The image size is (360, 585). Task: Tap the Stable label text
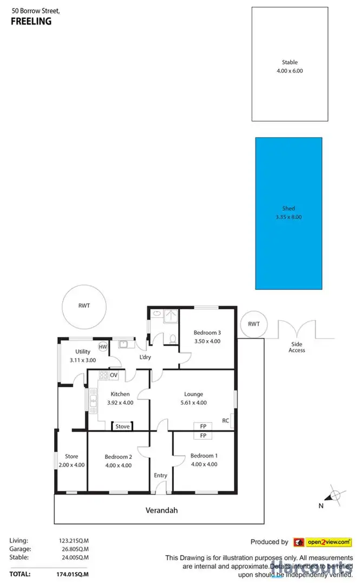click(x=290, y=62)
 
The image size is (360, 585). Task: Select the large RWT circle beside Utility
click(x=84, y=306)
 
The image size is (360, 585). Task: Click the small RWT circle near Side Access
click(x=253, y=324)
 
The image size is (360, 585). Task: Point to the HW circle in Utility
click(x=103, y=347)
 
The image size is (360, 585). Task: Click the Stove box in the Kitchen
click(x=123, y=426)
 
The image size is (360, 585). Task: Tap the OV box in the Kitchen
click(x=114, y=375)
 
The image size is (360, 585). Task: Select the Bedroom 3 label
click(x=207, y=333)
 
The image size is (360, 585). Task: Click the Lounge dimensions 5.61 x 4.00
click(x=193, y=403)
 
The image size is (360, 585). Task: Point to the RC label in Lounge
click(x=226, y=420)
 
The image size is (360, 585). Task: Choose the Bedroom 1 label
click(x=204, y=456)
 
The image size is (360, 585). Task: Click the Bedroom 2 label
click(x=118, y=457)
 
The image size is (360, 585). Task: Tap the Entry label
click(x=160, y=476)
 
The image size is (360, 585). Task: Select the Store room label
click(x=71, y=456)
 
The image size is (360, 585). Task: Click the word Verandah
click(x=161, y=510)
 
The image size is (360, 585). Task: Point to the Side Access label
click(x=297, y=347)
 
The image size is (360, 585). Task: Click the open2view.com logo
click(x=323, y=542)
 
